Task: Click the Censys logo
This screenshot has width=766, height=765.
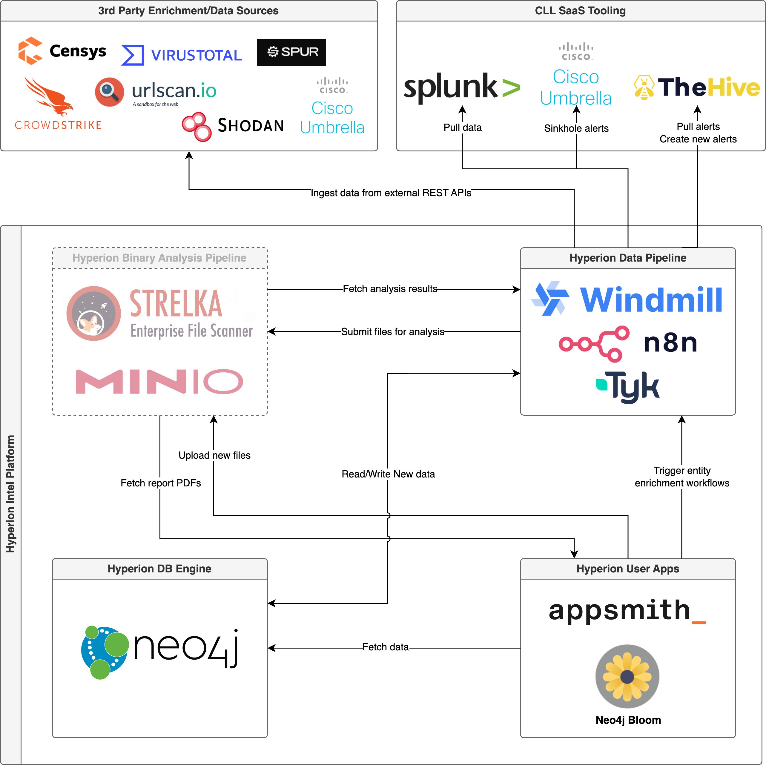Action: coord(62,51)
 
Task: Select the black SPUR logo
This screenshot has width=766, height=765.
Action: coord(291,52)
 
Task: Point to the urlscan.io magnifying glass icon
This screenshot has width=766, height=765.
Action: coord(109,92)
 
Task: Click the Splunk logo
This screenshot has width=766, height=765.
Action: coord(461,87)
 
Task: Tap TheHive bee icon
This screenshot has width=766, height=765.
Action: coord(644,87)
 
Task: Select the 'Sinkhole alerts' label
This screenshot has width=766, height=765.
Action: coord(576,128)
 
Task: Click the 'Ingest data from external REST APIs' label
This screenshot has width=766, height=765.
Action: coord(391,193)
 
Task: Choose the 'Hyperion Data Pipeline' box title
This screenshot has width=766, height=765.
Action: coord(628,258)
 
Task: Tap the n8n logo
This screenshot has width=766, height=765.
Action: coord(628,343)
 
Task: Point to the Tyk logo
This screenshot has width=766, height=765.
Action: coord(628,386)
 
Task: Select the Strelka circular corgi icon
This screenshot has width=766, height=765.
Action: coord(93,313)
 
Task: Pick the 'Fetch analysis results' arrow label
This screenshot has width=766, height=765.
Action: coord(390,289)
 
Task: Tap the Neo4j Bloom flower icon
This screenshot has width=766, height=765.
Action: coord(627,676)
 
